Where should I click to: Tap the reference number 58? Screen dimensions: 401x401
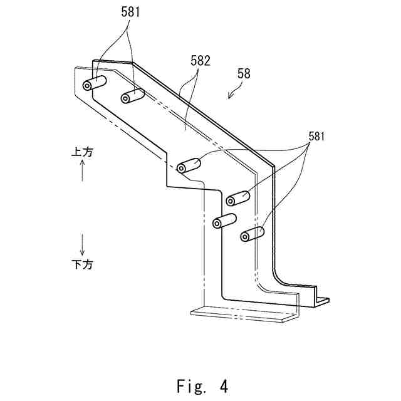coord(244,73)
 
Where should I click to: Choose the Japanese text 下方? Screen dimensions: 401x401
coord(82,264)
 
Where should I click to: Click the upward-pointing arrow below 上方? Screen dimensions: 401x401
coord(82,170)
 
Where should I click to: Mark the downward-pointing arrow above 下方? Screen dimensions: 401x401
coord(82,242)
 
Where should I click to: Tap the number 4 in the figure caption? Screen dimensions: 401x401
coord(224,385)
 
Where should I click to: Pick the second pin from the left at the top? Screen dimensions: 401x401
coord(133,96)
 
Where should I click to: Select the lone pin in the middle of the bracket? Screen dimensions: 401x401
coord(189,166)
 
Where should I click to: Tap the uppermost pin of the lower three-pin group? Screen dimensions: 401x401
coord(238,198)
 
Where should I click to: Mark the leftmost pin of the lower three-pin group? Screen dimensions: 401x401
coord(224,221)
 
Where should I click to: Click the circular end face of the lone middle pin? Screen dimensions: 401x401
coord(182,168)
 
